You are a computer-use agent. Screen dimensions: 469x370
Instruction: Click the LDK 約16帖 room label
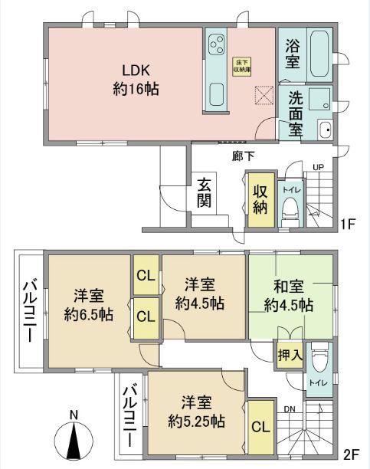(136, 80)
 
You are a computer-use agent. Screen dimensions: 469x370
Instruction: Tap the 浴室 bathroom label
(293, 55)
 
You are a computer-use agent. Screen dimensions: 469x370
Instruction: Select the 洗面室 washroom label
(296, 113)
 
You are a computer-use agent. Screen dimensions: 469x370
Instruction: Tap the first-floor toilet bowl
(289, 207)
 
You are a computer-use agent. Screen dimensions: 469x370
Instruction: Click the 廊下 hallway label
(244, 156)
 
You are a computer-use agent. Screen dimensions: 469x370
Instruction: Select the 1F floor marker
(349, 224)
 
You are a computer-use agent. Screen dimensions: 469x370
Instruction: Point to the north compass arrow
(74, 443)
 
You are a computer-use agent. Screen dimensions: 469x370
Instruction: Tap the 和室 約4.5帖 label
(289, 296)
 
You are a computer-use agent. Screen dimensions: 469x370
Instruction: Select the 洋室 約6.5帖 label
(89, 304)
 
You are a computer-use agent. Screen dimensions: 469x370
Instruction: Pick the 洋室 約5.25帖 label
(197, 410)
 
